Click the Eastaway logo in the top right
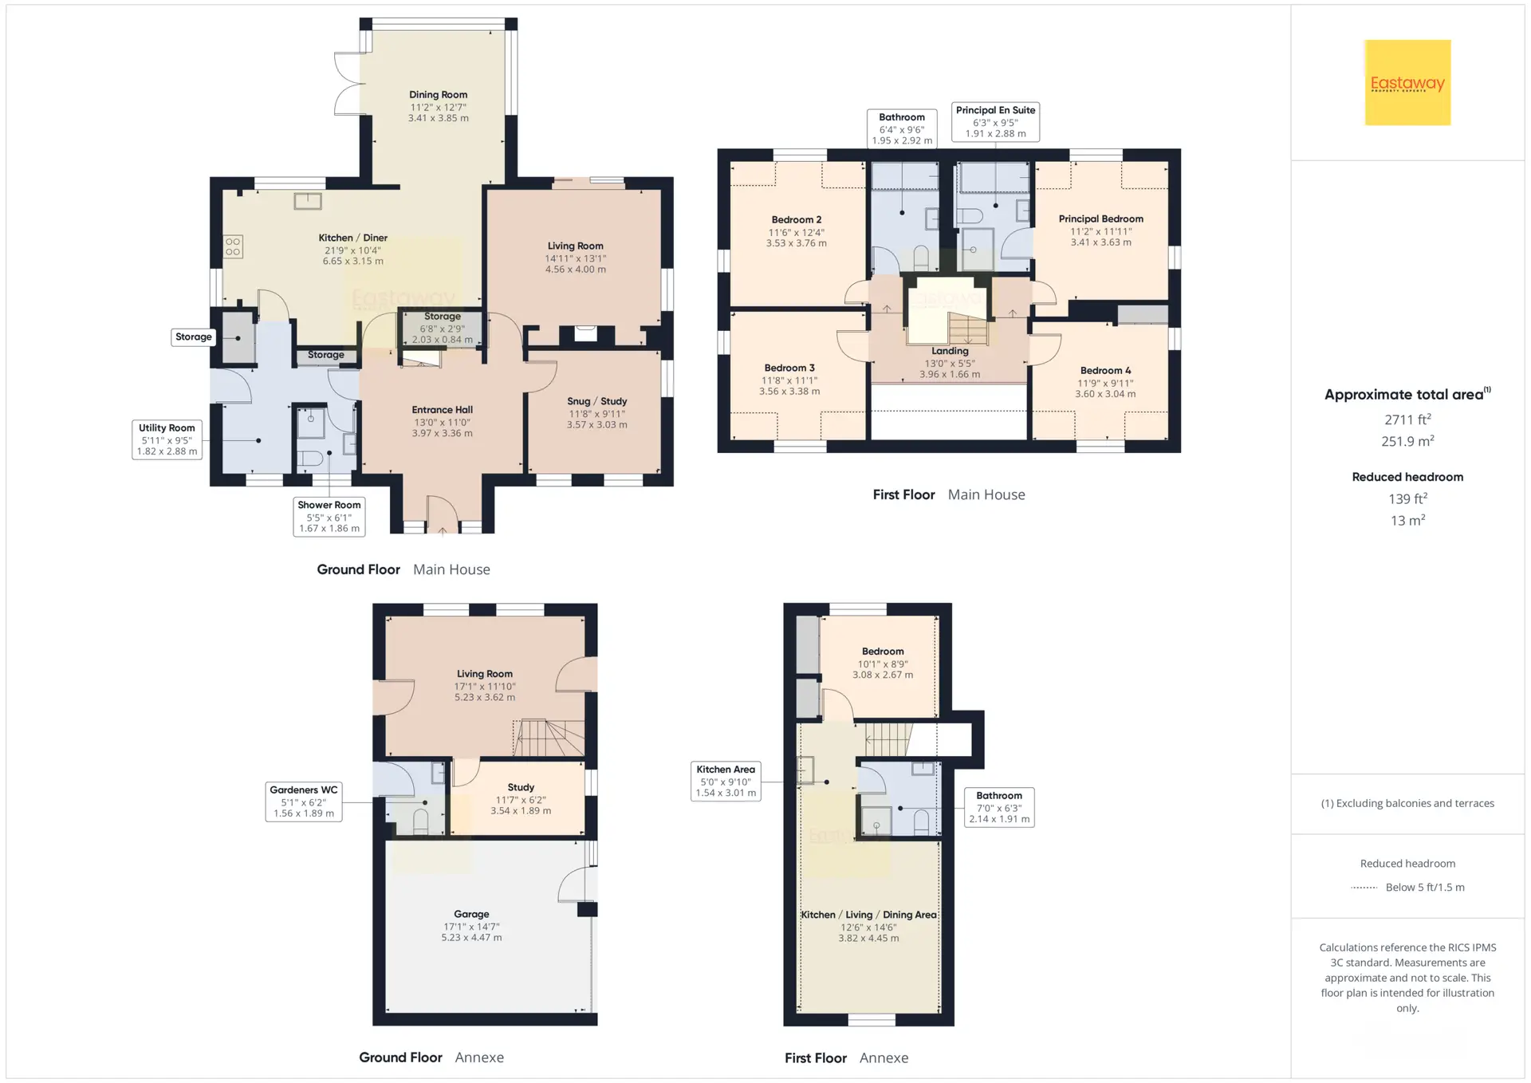pos(1407,83)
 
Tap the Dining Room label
pos(439,94)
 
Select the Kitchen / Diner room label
pos(352,238)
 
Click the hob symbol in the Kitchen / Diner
pos(233,246)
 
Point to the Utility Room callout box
pos(167,439)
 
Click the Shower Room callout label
pos(329,517)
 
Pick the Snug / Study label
pos(597,401)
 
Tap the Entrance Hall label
pos(443,410)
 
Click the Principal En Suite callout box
pos(996,122)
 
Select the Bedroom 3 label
pos(789,368)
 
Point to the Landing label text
pos(950,351)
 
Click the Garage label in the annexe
pos(471,914)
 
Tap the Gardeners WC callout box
pos(304,801)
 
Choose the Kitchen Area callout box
pos(726,782)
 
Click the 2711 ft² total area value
pos(1407,419)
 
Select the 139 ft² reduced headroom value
pos(1407,498)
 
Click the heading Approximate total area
pos(1407,394)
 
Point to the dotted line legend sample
pos(1364,888)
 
